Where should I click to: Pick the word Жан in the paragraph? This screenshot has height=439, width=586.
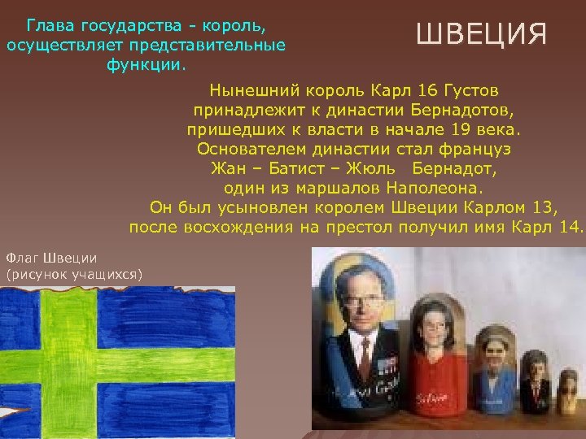tap(227, 168)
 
